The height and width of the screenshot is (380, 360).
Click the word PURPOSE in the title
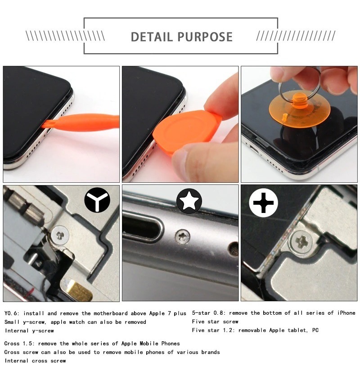(x=205, y=37)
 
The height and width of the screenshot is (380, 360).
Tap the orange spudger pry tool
(x=81, y=122)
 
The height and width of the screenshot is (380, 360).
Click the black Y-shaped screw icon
(x=97, y=200)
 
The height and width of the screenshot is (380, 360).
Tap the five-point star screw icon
(x=189, y=201)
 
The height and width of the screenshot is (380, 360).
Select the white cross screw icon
(x=263, y=203)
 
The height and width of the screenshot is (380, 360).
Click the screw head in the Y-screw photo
(x=60, y=235)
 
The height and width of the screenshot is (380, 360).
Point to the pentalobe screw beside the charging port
(x=182, y=236)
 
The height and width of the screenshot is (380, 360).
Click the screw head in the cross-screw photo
(x=301, y=242)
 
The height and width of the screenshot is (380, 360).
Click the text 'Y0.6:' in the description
(x=11, y=313)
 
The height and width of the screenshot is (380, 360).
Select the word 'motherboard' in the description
(x=111, y=313)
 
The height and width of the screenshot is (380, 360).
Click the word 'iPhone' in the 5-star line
(x=346, y=313)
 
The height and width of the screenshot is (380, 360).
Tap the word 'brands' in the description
(x=211, y=352)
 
